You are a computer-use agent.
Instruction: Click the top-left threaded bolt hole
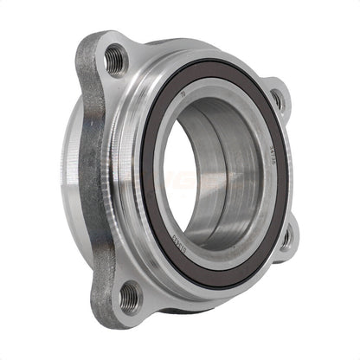pyautogui.click(x=115, y=60)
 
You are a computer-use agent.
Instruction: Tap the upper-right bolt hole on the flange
pyautogui.click(x=277, y=100)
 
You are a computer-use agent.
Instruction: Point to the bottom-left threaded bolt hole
pyautogui.click(x=127, y=297)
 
